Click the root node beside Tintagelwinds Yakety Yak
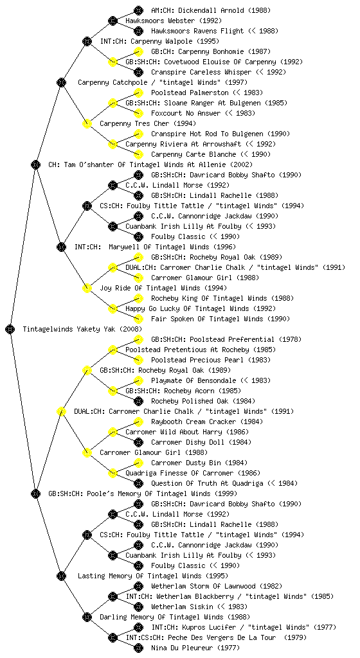coord(10,329)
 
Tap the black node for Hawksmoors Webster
coord(113,21)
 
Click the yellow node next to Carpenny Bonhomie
coord(138,51)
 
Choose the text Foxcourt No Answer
coord(186,113)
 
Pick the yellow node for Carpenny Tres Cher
coord(87,123)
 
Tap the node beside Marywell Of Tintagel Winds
coord(61,247)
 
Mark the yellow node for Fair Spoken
coord(138,319)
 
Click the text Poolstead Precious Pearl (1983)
coord(211,360)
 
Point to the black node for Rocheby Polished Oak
coord(138,401)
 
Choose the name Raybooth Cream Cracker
coord(194,422)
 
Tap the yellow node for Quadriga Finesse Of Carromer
coord(113,473)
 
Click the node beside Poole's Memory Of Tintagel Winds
coord(35,493)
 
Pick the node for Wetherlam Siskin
coord(138,607)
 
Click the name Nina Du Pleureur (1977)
coord(195,648)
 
